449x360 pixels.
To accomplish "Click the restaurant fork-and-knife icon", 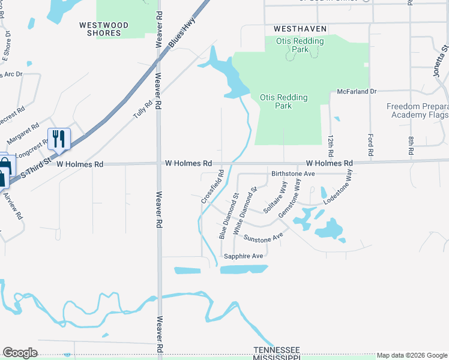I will point(59,139).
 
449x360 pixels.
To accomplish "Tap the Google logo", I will point(20,353).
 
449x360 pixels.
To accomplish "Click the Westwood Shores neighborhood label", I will point(104,29).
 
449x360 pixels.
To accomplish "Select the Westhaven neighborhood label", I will point(300,29).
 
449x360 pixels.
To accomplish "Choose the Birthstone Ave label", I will point(293,173).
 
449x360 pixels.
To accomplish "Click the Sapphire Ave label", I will point(244,256).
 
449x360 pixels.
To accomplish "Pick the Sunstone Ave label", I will point(263,238).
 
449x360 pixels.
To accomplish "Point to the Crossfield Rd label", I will point(213,186).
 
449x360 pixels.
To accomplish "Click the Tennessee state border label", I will point(276,350).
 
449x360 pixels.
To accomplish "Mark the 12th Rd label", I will point(330,146).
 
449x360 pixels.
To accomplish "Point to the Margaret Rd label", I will point(22,134).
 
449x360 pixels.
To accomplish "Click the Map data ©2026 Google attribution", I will point(412,356).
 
